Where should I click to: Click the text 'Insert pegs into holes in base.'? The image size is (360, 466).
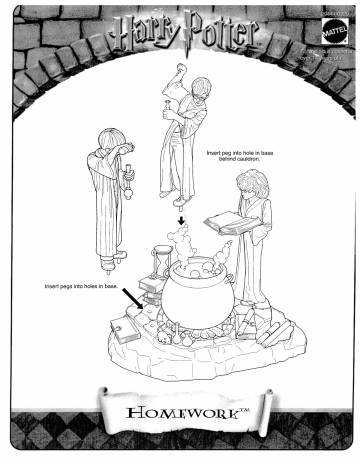pyautogui.click(x=81, y=286)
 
